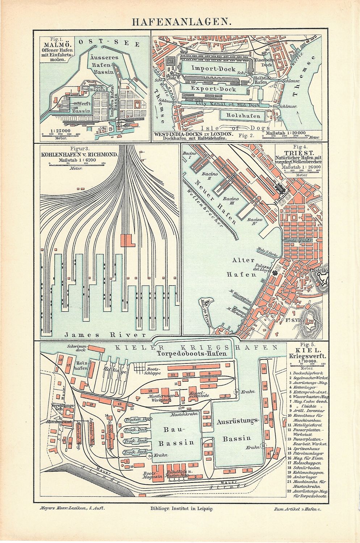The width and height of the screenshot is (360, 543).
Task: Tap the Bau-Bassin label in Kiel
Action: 174,435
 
